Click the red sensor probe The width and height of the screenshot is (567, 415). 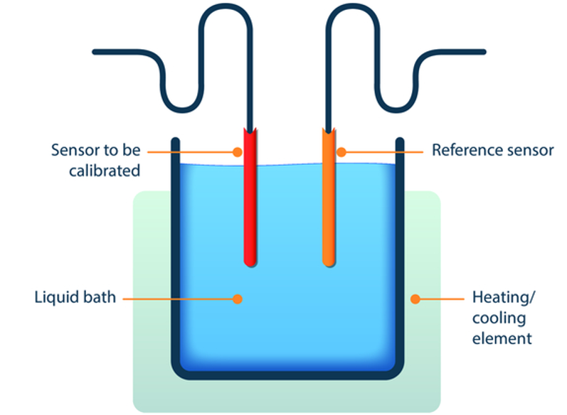click(250, 206)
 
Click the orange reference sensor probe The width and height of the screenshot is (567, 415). click(329, 206)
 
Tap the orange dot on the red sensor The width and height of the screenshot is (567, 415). click(239, 151)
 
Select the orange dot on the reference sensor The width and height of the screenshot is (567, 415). click(341, 151)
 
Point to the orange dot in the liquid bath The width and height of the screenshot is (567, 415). click(238, 298)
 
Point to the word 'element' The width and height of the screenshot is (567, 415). click(502, 338)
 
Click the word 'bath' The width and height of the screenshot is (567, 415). click(100, 296)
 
